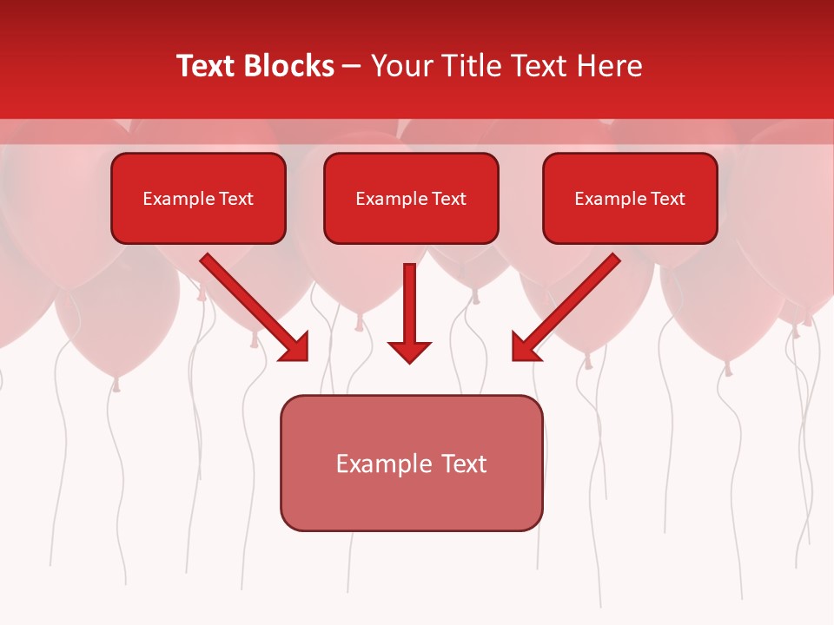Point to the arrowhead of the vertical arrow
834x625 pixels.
tap(409, 351)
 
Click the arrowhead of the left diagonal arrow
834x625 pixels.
tap(295, 348)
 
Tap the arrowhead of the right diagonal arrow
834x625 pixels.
tap(525, 348)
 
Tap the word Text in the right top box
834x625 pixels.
tap(667, 199)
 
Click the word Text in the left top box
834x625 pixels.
tap(235, 199)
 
